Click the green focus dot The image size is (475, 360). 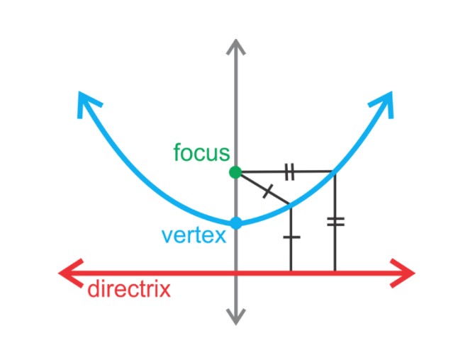tap(236, 172)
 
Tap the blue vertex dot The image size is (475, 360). tap(236, 223)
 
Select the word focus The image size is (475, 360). tap(201, 152)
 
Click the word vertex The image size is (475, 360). tap(194, 235)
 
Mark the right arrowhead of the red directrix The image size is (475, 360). tap(407, 272)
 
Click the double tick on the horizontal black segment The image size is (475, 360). tap(289, 171)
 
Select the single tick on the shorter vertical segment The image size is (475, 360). tap(291, 237)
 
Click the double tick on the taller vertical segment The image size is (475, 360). tap(335, 222)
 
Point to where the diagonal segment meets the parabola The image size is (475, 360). tap(291, 206)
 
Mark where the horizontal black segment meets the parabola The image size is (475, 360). tap(334, 171)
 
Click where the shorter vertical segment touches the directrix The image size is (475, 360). tap(291, 271)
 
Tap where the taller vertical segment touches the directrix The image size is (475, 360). tap(335, 271)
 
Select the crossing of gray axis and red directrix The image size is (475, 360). tap(236, 272)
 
